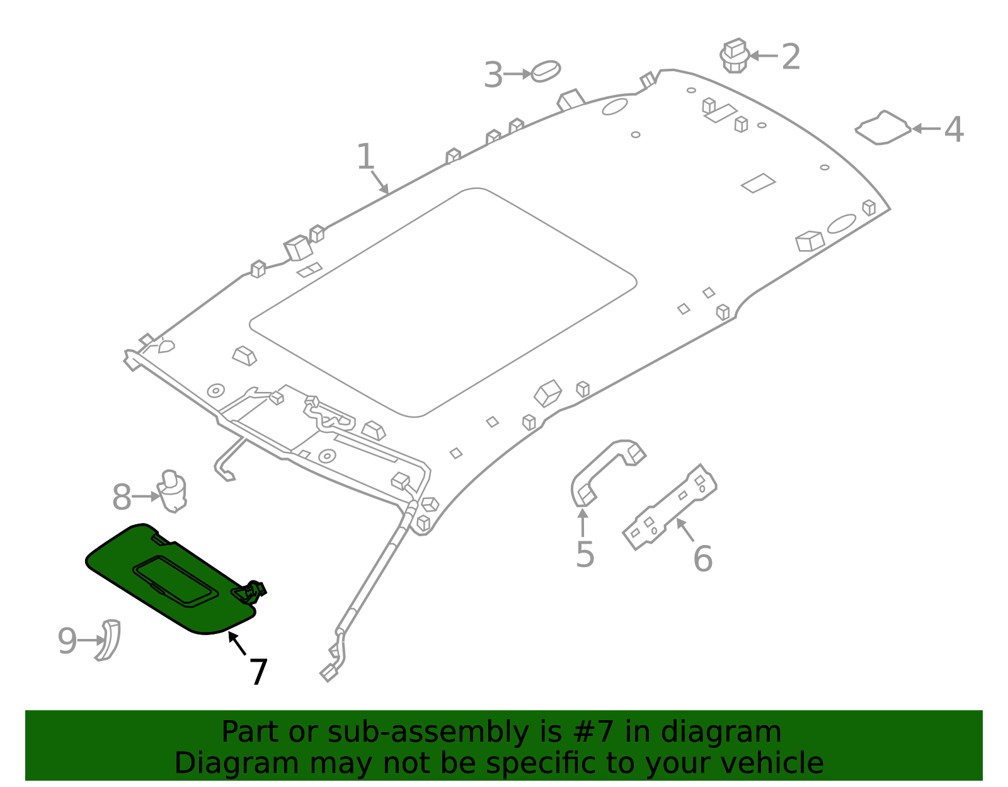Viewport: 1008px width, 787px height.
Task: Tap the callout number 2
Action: point(791,57)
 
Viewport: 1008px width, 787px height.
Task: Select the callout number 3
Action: point(493,75)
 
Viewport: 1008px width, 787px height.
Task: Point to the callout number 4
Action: point(953,130)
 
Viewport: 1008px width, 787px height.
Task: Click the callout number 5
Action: point(585,554)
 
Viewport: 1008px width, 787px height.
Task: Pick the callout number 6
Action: point(702,559)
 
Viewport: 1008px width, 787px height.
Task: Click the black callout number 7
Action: point(258,672)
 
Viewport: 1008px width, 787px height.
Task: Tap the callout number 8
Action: point(122,498)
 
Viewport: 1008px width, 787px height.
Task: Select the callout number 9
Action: point(67,641)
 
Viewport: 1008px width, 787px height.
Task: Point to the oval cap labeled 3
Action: point(546,71)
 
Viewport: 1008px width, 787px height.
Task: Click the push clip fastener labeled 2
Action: point(735,55)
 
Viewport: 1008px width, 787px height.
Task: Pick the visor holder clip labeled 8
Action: point(172,491)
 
